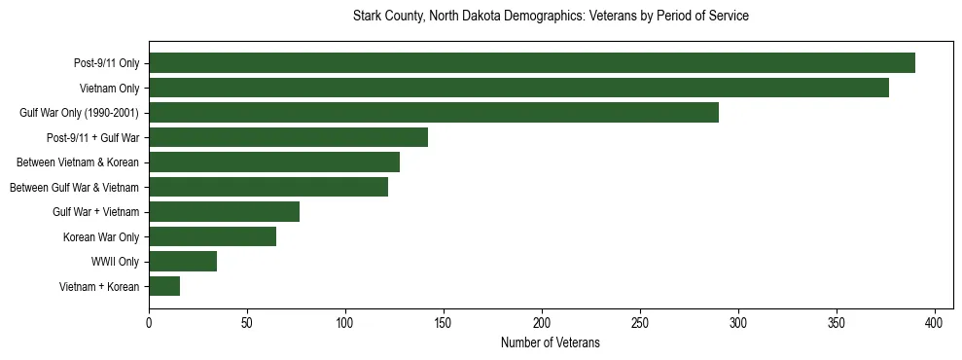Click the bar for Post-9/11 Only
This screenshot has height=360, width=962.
tap(531, 63)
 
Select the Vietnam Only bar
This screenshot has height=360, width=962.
tap(518, 88)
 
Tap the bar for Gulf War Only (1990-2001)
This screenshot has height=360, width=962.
tap(434, 113)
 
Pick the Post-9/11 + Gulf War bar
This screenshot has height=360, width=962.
tap(288, 137)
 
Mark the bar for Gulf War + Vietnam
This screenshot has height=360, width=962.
tap(224, 212)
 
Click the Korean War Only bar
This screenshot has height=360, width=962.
tap(212, 236)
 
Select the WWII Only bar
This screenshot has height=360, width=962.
tap(183, 262)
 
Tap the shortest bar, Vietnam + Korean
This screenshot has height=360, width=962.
tap(164, 286)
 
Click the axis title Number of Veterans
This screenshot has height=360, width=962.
tap(551, 342)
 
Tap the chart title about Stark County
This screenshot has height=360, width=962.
tap(551, 17)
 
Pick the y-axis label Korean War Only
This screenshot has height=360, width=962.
tap(101, 236)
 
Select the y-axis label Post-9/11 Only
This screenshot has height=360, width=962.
tap(106, 63)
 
